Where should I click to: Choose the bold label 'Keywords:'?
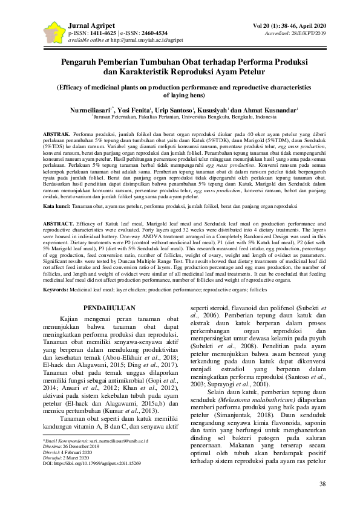tap(56, 290)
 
